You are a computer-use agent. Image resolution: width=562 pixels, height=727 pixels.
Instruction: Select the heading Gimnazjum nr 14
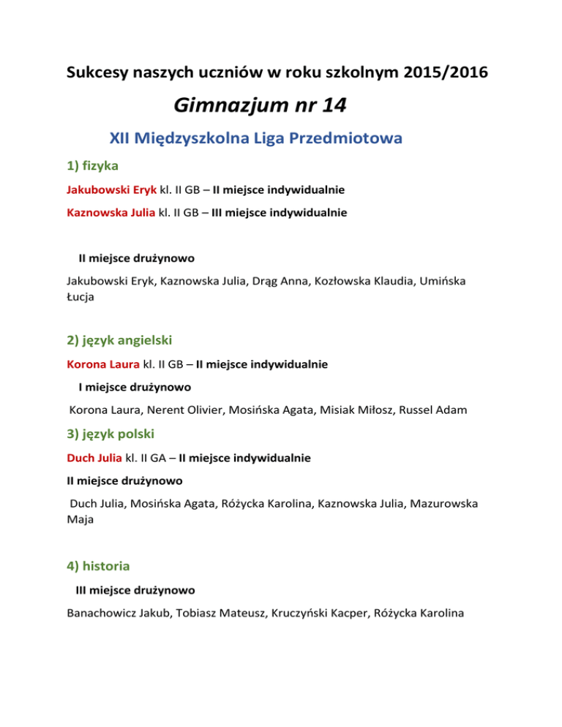click(x=261, y=107)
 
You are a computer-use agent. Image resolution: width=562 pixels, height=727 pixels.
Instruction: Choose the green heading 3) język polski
click(x=108, y=437)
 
